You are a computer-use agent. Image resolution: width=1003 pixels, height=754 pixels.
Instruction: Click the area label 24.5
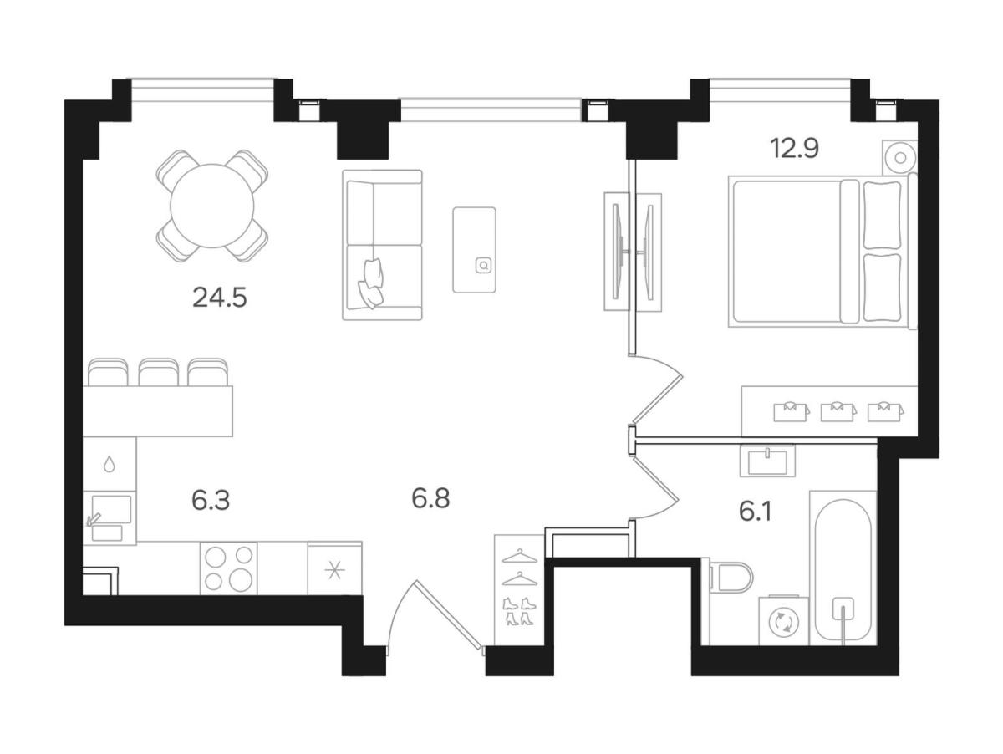pos(219,298)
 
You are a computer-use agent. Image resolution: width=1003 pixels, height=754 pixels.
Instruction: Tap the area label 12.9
pos(794,148)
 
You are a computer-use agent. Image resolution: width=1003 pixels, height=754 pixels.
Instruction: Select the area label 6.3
pos(210,501)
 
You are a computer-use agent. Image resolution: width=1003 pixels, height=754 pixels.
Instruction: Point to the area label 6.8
pos(430,498)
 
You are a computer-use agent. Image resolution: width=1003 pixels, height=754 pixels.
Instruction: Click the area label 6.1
pos(755,511)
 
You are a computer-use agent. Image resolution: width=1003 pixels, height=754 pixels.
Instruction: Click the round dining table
pos(212,206)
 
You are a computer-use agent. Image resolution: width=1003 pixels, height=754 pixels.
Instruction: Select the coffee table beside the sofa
pos(474,249)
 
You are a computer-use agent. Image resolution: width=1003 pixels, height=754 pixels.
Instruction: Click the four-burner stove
pos(228,568)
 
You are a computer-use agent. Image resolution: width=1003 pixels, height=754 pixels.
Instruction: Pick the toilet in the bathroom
pos(730,577)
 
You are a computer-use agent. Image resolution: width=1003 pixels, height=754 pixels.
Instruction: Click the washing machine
pos(783,621)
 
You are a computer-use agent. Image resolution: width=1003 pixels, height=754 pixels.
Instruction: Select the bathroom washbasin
pos(767,461)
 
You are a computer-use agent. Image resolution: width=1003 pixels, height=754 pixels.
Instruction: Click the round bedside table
pos(899,158)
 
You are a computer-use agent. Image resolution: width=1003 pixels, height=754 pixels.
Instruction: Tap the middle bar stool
pos(158,373)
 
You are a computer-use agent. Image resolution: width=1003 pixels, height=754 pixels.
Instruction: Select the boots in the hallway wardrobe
pos(518,611)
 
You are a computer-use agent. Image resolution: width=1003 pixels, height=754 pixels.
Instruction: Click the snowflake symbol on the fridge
pos(334,570)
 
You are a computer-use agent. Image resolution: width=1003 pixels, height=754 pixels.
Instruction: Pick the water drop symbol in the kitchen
pos(109,464)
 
